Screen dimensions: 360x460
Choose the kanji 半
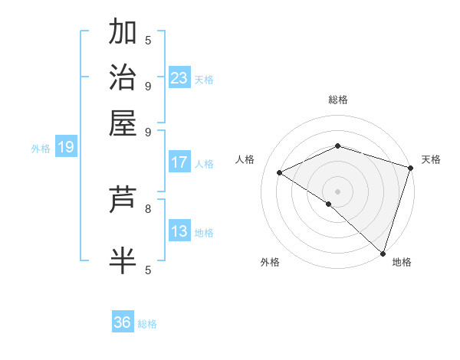point(123,260)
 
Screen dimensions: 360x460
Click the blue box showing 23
point(179,77)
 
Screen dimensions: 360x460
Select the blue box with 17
point(179,162)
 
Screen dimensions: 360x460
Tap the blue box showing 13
point(179,231)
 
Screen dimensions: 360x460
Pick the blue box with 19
point(66,147)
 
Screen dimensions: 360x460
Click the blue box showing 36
point(123,322)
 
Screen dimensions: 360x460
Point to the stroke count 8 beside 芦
point(148,208)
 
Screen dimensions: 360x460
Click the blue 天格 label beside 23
point(204,79)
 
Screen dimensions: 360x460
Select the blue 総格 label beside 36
point(147,324)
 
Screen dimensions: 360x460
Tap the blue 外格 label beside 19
point(41,149)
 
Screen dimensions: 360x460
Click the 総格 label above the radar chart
point(338,100)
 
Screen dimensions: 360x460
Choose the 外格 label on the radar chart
point(270,262)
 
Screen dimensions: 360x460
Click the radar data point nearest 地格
point(383,252)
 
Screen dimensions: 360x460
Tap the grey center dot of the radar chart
point(338,190)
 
